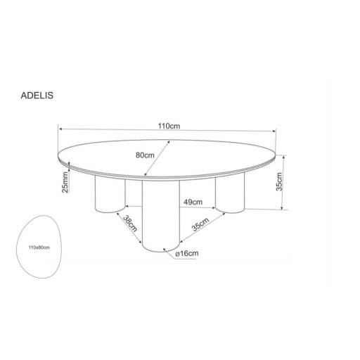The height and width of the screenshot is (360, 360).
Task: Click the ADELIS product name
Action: pos(37,96)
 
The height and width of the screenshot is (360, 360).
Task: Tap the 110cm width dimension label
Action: pos(169,126)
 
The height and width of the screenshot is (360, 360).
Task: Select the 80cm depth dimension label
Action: pos(145,155)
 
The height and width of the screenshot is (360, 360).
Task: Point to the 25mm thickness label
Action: pos(65,182)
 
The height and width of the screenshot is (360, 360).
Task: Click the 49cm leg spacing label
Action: pos(193,202)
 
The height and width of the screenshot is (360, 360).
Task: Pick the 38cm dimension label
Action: pos(130,224)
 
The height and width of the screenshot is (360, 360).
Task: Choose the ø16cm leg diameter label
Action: pos(187,253)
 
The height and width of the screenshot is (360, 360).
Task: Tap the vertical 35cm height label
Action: pos(279,181)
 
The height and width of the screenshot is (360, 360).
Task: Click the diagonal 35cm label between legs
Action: pos(200,224)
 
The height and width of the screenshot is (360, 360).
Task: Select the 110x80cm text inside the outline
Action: pos(39,247)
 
